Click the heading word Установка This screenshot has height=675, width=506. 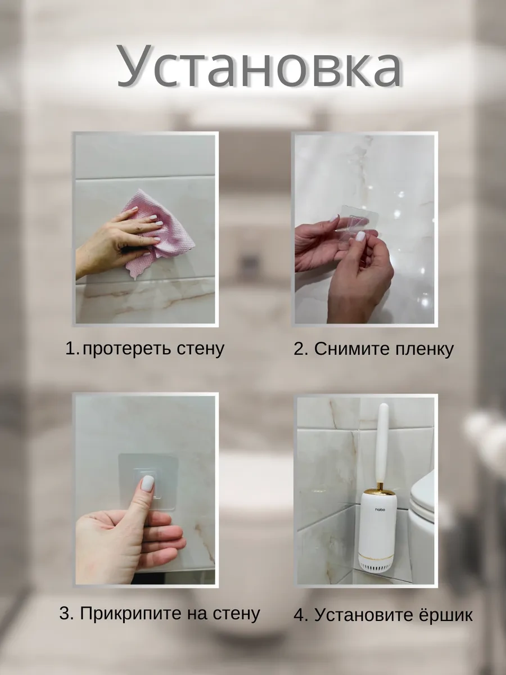(x=259, y=66)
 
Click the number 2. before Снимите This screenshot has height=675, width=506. (x=301, y=349)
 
